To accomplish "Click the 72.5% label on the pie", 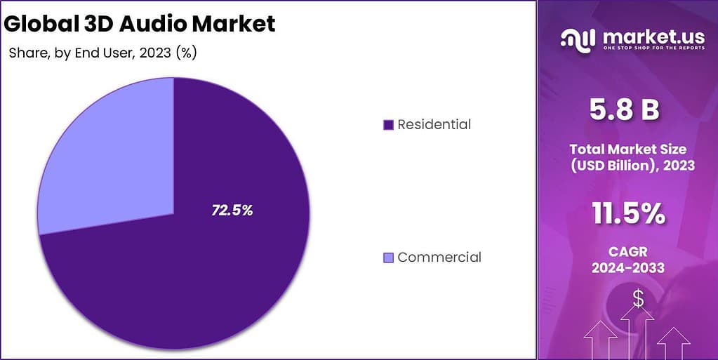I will (232, 210).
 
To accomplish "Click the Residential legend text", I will (434, 125).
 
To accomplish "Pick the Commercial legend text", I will (439, 258).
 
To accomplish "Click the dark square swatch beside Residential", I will (388, 125).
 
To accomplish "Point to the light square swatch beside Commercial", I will (388, 258).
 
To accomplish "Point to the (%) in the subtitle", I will (186, 53).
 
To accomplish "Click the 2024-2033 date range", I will (628, 268).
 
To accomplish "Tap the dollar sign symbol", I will (638, 298).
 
